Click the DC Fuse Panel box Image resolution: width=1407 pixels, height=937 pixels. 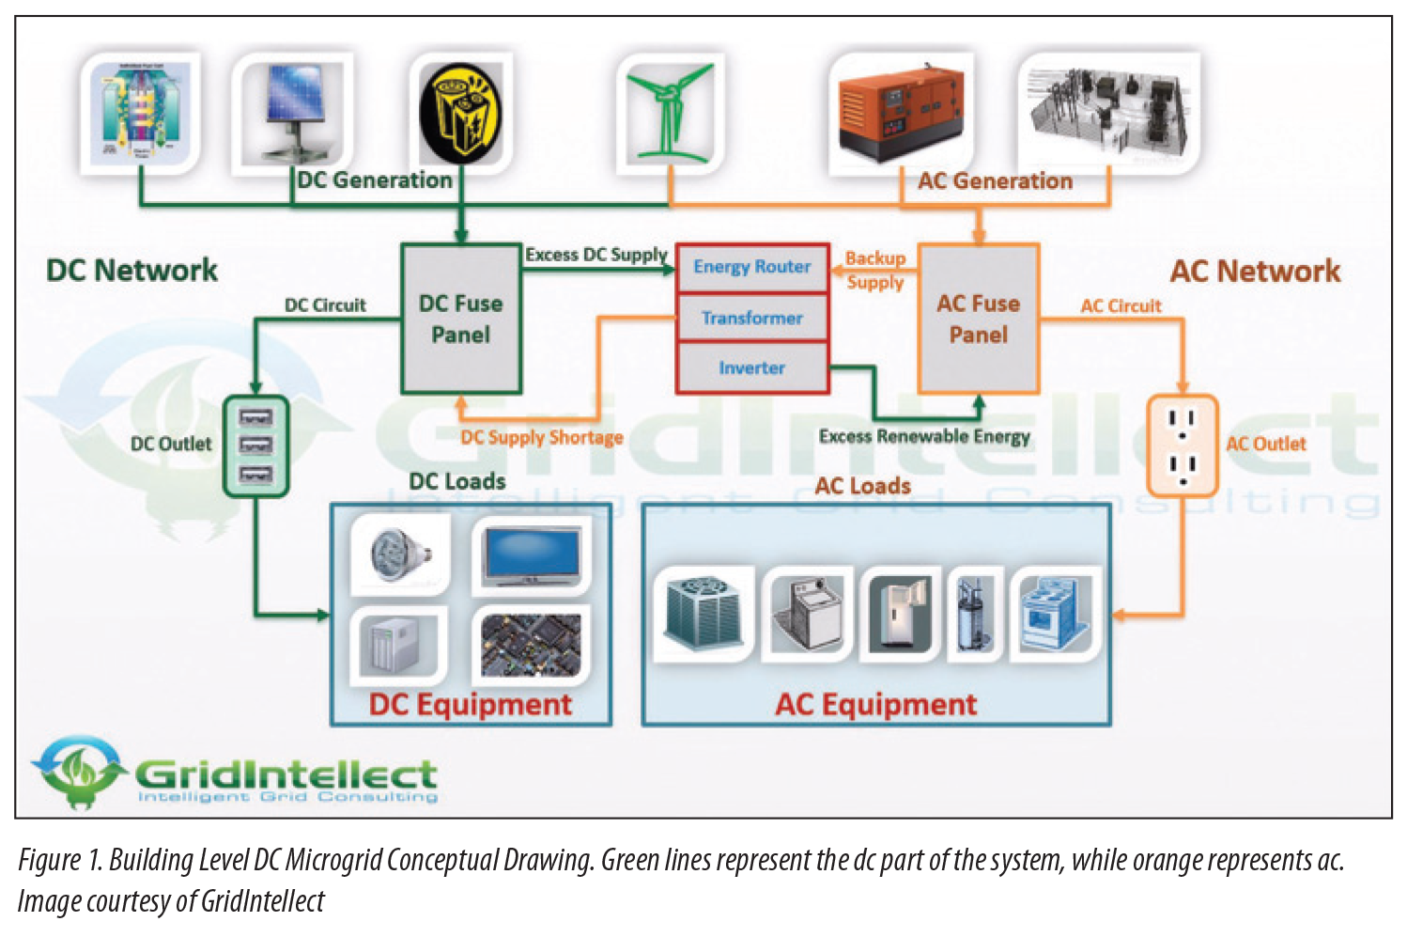click(x=460, y=318)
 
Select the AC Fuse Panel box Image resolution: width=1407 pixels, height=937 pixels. click(x=978, y=318)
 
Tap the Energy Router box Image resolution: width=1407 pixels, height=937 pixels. click(x=751, y=267)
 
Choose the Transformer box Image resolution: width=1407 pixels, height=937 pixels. click(x=751, y=318)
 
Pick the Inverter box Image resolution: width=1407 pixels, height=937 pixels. click(x=751, y=367)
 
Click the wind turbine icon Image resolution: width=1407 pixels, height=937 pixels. click(x=669, y=111)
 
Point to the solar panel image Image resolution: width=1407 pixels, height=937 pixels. click(x=290, y=109)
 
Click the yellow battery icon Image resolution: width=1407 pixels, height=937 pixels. click(x=459, y=110)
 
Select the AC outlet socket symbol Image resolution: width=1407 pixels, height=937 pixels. click(x=1183, y=445)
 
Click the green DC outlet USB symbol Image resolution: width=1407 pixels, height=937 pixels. click(x=255, y=445)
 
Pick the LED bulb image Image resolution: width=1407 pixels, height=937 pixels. click(x=398, y=554)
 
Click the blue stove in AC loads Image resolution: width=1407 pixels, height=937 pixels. click(x=1055, y=614)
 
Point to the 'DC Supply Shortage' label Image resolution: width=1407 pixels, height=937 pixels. click(x=541, y=437)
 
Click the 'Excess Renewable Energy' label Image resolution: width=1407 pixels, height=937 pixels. click(x=923, y=436)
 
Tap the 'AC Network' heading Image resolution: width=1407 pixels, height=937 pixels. click(x=1255, y=272)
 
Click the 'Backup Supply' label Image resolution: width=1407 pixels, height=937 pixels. click(x=874, y=270)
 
